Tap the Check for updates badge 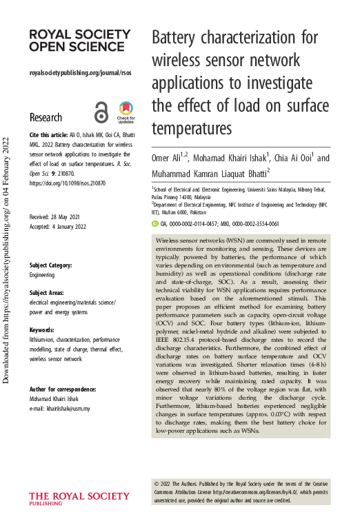(126, 113)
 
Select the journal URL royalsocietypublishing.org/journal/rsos (80, 72)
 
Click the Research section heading (46, 117)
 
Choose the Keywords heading (42, 330)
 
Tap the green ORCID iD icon (154, 205)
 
